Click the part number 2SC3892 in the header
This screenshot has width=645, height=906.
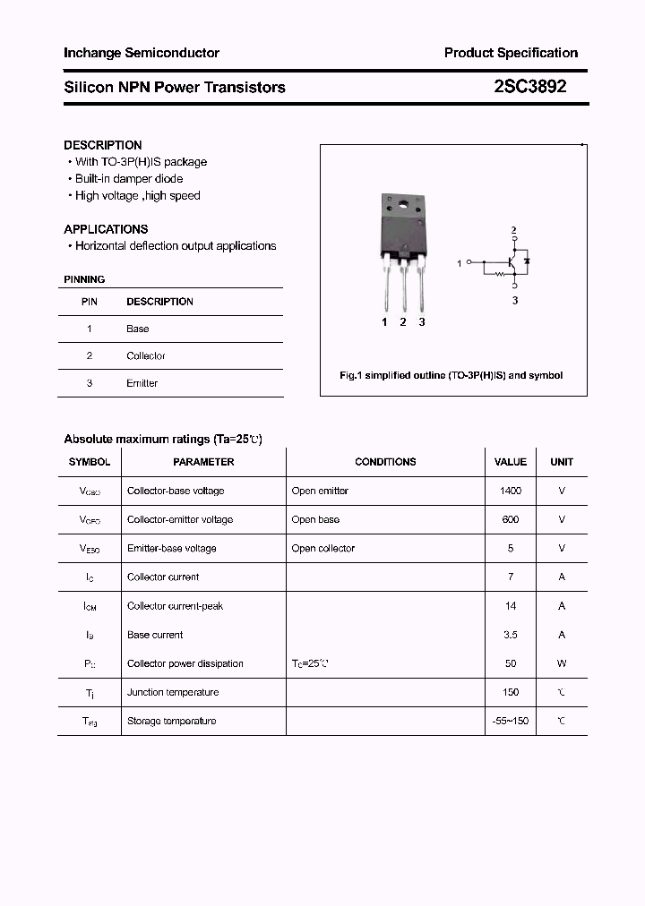pos(530,87)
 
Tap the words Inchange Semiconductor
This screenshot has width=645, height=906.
pos(142,53)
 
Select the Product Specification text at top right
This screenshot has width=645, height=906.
pos(511,53)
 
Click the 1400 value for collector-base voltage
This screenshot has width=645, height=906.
pos(511,491)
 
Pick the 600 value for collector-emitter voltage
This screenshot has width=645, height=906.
pos(511,519)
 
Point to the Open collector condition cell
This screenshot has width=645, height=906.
pos(322,548)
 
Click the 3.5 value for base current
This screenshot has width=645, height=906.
pos(511,635)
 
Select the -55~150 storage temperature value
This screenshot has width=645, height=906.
pos(511,721)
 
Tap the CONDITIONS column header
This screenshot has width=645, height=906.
pos(385,462)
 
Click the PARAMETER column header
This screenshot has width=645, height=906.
pos(203,462)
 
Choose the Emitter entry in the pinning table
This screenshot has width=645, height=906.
pos(142,383)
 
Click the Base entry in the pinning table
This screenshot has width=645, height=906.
pos(137,329)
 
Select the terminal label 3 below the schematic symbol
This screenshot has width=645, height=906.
pos(515,301)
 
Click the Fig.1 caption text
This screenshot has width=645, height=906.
pos(451,376)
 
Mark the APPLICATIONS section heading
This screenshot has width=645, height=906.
pos(106,229)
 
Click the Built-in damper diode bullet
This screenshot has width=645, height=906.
pos(128,179)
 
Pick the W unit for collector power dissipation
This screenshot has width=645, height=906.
pos(562,663)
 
